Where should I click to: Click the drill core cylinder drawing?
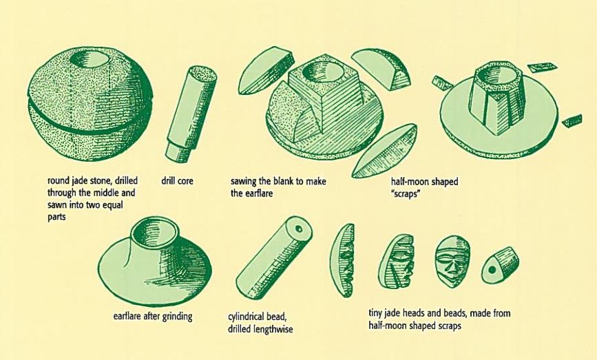191,114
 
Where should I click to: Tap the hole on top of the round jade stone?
91,59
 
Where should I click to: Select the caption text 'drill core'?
177,180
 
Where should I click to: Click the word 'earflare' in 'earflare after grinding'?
127,316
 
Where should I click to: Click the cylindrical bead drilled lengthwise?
274,258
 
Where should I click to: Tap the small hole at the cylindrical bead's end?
299,229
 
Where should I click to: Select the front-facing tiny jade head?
452,262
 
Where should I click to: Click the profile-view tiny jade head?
397,261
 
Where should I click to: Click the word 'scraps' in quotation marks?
405,193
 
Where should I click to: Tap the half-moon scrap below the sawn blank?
384,151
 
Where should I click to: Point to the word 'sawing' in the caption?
243,182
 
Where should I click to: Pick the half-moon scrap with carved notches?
342,261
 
